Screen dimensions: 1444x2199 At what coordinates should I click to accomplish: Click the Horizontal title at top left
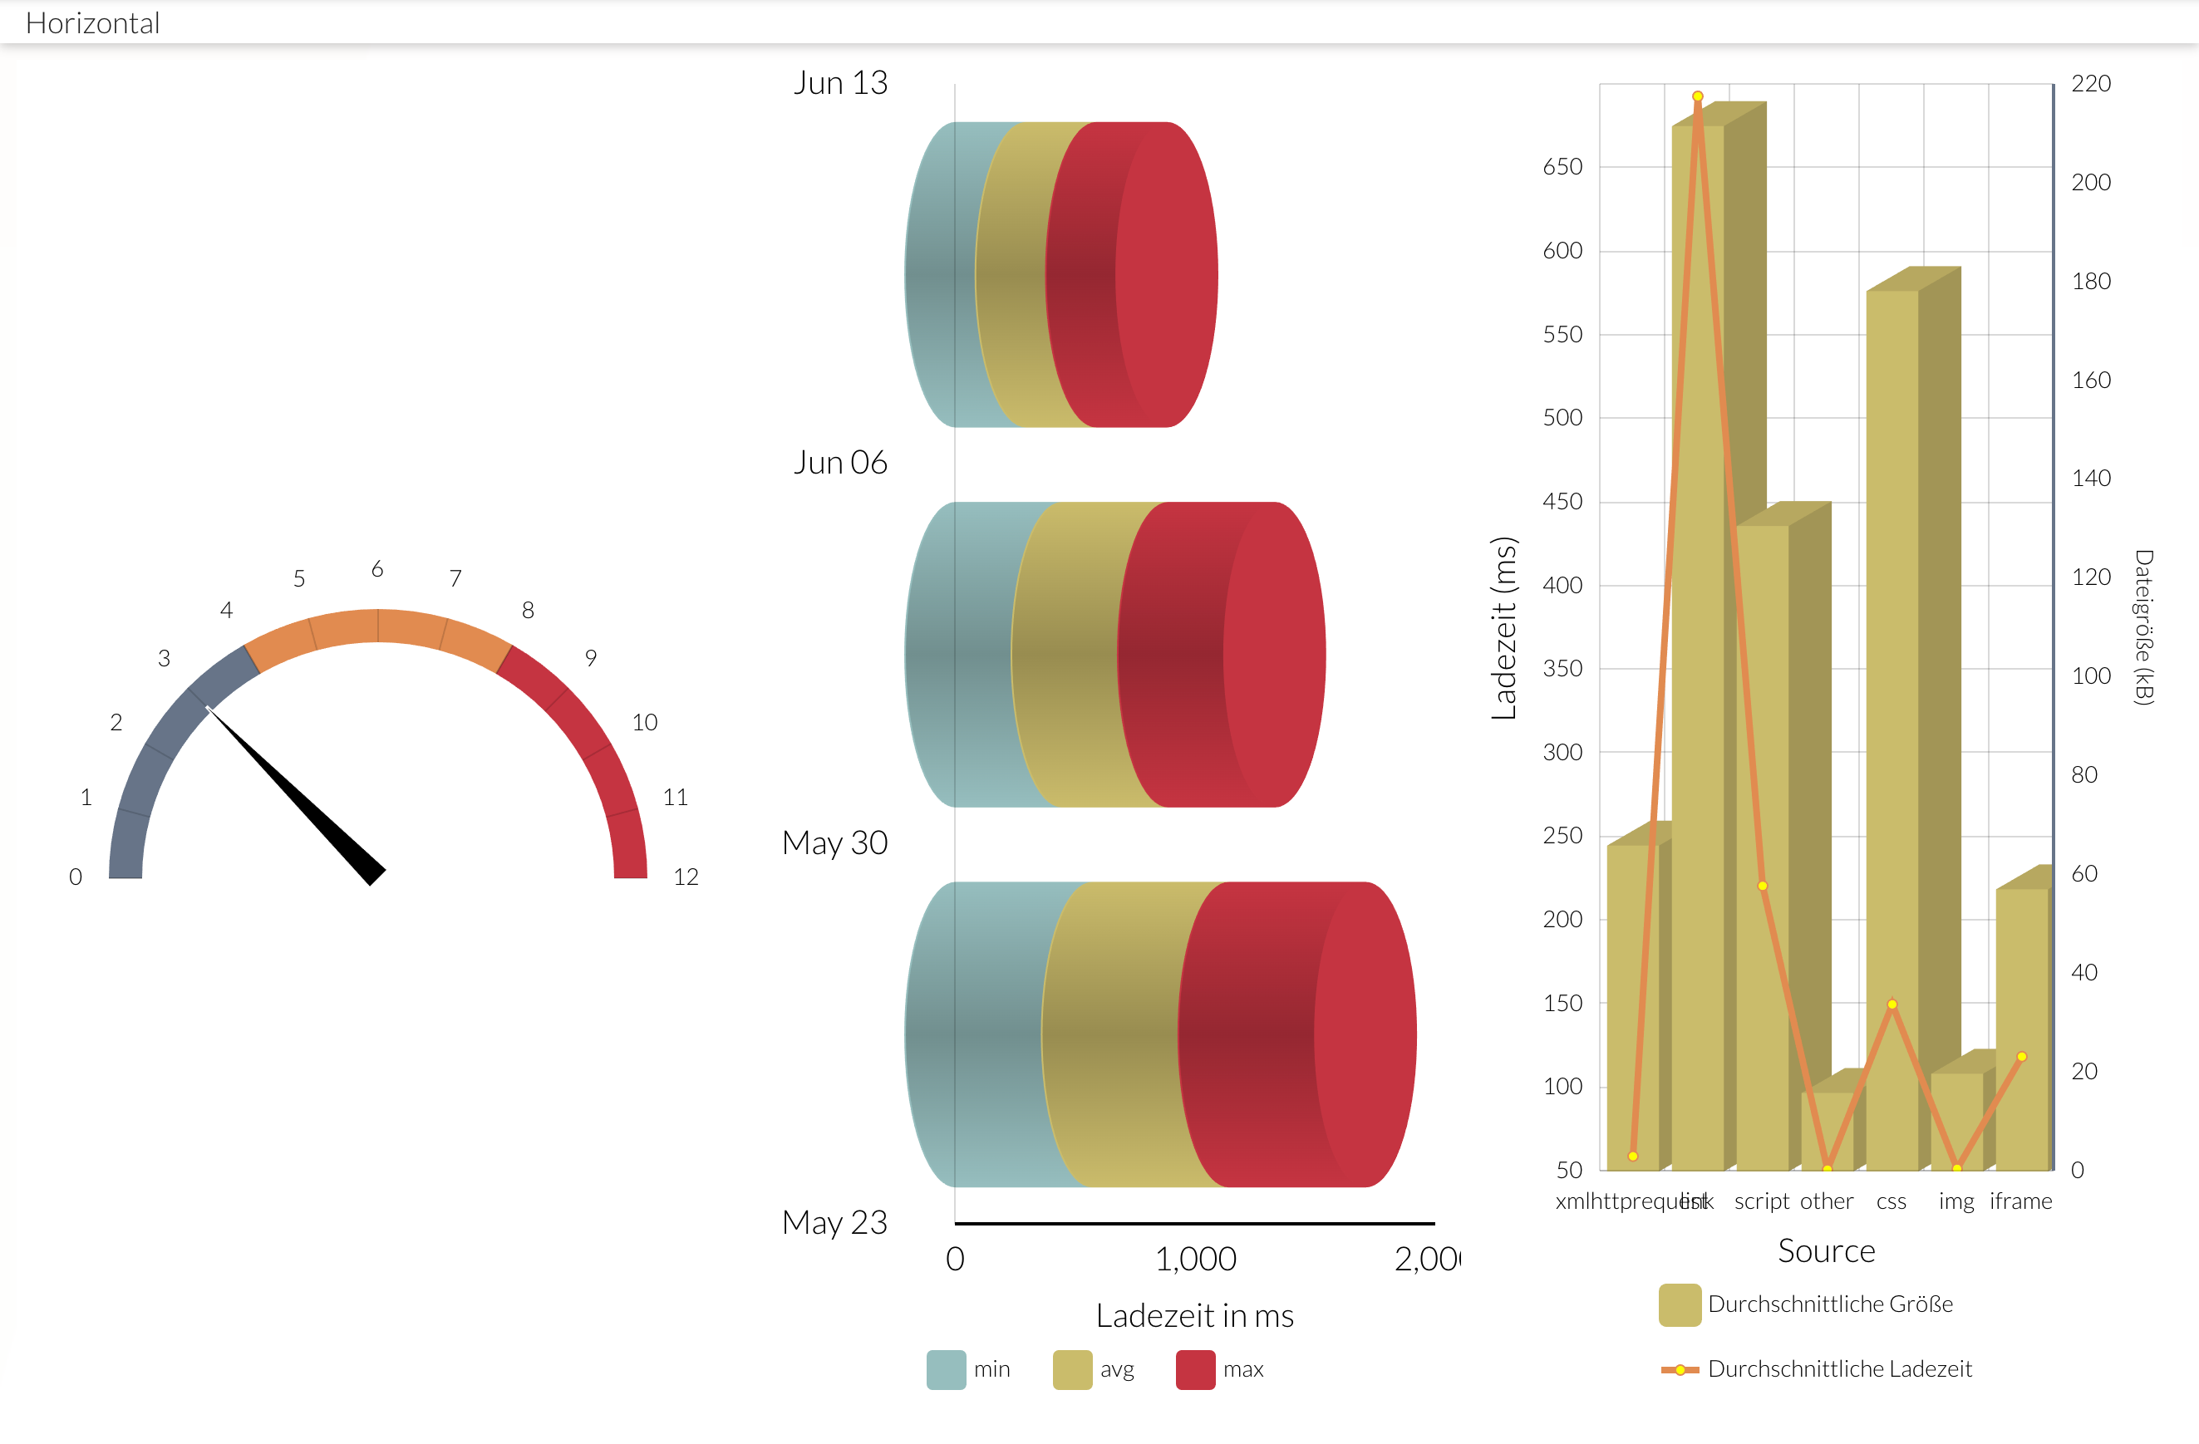[92, 23]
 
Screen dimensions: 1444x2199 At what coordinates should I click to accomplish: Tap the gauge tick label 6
[377, 569]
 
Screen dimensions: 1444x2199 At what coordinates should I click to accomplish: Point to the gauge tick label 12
[686, 877]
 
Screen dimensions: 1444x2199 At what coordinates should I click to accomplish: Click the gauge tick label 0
[76, 877]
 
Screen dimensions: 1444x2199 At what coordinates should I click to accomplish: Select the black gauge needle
[296, 794]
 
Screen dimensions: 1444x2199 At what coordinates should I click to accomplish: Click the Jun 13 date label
[840, 83]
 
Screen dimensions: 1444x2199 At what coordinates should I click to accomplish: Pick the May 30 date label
[834, 842]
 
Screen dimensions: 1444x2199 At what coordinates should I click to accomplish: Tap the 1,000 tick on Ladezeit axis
[1196, 1258]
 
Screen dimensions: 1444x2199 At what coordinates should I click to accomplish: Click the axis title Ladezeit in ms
[1195, 1315]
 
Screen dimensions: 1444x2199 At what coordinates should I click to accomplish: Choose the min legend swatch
[946, 1369]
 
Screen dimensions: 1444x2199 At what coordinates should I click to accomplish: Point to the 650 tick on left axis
[1562, 167]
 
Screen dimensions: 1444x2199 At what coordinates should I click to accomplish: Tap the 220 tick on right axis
[2091, 84]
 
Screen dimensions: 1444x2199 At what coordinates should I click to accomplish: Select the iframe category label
[2020, 1201]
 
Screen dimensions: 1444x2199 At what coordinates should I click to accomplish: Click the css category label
[1892, 1201]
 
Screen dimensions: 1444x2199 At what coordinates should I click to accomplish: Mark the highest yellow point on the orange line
[1698, 96]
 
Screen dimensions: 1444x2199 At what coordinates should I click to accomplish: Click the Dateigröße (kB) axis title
[2143, 628]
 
